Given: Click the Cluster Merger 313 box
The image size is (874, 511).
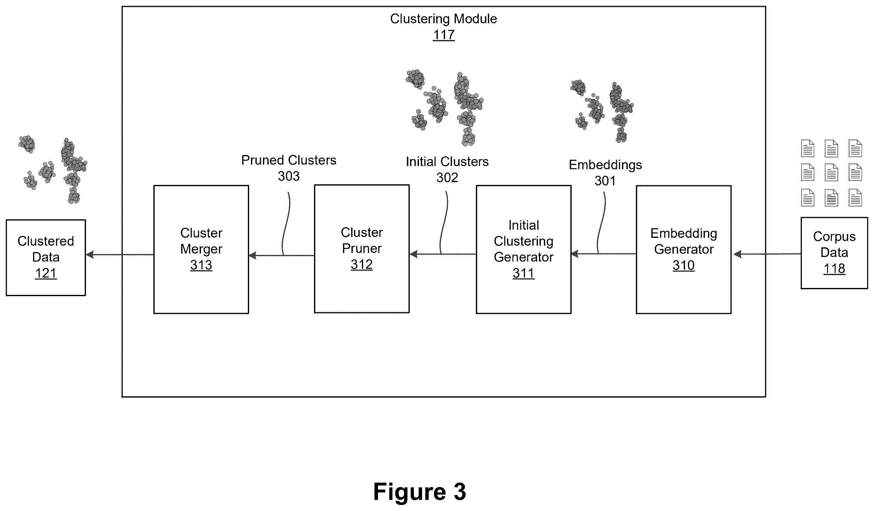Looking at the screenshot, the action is coord(201,250).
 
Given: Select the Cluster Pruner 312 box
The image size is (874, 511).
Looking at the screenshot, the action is coord(362,249).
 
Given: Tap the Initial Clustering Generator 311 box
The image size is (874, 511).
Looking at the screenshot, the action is coord(524,250).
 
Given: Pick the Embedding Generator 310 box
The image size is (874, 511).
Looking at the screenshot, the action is coord(683,250).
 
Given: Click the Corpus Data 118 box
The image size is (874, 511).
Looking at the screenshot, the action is coord(834,253).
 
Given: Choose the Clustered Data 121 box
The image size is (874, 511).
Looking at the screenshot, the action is coord(46,257).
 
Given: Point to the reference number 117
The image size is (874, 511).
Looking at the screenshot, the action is coord(443,35).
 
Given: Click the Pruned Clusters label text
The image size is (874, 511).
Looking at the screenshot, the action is coord(288,160).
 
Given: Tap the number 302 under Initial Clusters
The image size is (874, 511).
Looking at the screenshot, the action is coord(447,178).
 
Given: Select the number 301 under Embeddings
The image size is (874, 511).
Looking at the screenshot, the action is coord(605,181).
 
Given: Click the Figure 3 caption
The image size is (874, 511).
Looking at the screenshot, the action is coord(420,491).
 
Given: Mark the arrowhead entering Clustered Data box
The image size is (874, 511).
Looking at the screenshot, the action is coord(89,255).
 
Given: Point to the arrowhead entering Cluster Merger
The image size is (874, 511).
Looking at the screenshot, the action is coord(253,256).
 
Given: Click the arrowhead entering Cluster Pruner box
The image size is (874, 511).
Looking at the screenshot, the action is coord(414,254).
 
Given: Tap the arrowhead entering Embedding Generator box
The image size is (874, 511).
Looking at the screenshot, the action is coord(736,254).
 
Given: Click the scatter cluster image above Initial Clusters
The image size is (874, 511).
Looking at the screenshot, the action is coord(445,108).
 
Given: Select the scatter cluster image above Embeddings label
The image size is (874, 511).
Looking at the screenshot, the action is coord(602,111).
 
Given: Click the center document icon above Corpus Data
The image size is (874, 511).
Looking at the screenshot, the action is coord(831,173).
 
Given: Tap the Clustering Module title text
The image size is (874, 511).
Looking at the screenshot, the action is coord(443,19).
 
